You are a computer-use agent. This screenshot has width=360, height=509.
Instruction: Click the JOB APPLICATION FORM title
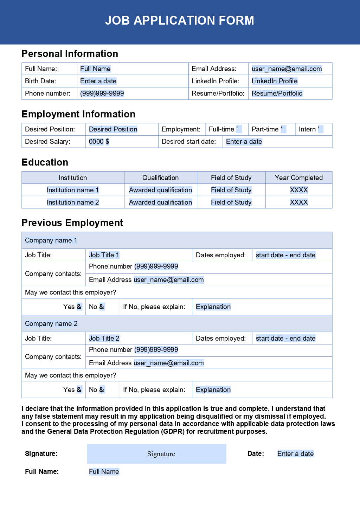[x=179, y=20]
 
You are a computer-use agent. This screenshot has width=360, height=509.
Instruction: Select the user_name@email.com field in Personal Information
[x=287, y=69]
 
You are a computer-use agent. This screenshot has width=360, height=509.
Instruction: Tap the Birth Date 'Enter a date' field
[x=98, y=81]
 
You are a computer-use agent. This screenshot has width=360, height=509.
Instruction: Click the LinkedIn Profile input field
[x=274, y=81]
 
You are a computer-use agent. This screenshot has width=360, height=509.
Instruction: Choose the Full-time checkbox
[x=239, y=129]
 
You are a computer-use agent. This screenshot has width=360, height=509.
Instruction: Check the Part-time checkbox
[x=283, y=129]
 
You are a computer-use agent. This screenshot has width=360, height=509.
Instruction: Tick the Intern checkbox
[x=320, y=129]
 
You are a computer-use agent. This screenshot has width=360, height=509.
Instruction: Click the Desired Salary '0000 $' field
[x=99, y=142]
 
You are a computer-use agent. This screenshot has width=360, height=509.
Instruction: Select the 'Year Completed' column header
[x=298, y=178]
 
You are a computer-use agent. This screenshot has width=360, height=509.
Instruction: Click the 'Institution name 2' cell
[x=73, y=202]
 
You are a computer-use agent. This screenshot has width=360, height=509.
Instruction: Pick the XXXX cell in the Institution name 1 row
[x=298, y=190]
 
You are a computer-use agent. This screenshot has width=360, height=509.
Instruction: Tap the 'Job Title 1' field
[x=104, y=255]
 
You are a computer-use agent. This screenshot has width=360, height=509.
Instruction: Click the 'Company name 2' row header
[x=51, y=324]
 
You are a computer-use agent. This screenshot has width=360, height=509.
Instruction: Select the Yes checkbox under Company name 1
[x=79, y=307]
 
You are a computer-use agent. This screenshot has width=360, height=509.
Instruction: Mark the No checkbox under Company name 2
[x=102, y=390]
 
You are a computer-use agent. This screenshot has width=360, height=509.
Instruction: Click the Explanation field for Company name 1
[x=213, y=307]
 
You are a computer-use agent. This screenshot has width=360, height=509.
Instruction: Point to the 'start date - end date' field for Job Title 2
[x=285, y=339]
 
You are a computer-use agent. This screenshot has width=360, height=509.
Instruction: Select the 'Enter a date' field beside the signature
[x=295, y=454]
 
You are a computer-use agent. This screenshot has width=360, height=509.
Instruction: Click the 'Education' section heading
[x=45, y=162]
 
